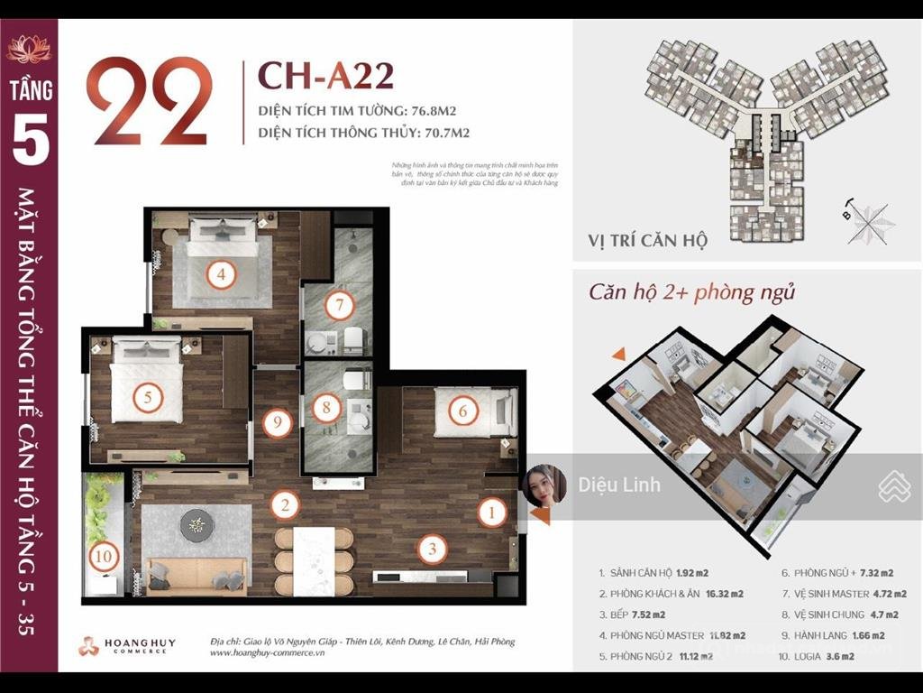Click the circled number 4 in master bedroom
pos(220,273)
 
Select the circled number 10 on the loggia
pos(103,558)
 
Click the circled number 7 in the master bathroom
pos(339,306)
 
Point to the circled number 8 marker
pos(326,408)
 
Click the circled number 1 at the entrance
pos(492,513)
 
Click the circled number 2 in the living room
pos(285,505)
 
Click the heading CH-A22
pos(325,77)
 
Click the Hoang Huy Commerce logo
pos(126,646)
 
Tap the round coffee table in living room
pos(196,524)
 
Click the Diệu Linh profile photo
pos(544,485)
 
